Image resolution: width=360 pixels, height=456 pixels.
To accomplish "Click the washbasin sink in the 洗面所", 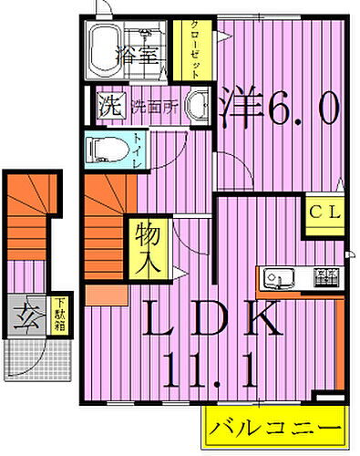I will click(198, 105).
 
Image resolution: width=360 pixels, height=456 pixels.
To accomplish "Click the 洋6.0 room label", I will click(280, 109).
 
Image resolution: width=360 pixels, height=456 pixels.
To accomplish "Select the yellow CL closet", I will click(324, 217).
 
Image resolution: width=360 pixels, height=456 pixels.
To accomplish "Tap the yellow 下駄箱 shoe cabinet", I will click(59, 317).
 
